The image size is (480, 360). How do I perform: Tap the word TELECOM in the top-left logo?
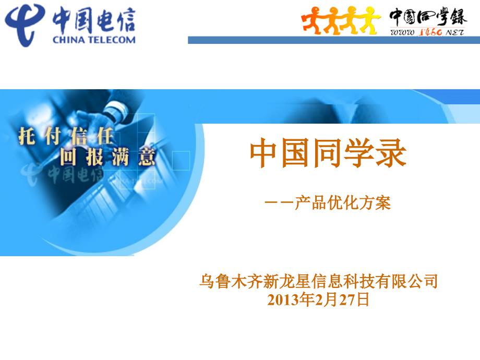111,39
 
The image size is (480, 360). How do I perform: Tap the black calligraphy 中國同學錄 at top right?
428,17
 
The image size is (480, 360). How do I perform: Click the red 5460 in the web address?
429,32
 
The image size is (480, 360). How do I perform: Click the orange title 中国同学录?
328,153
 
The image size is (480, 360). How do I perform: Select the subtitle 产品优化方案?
342,202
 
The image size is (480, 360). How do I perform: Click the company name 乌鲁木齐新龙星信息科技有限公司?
318,282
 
